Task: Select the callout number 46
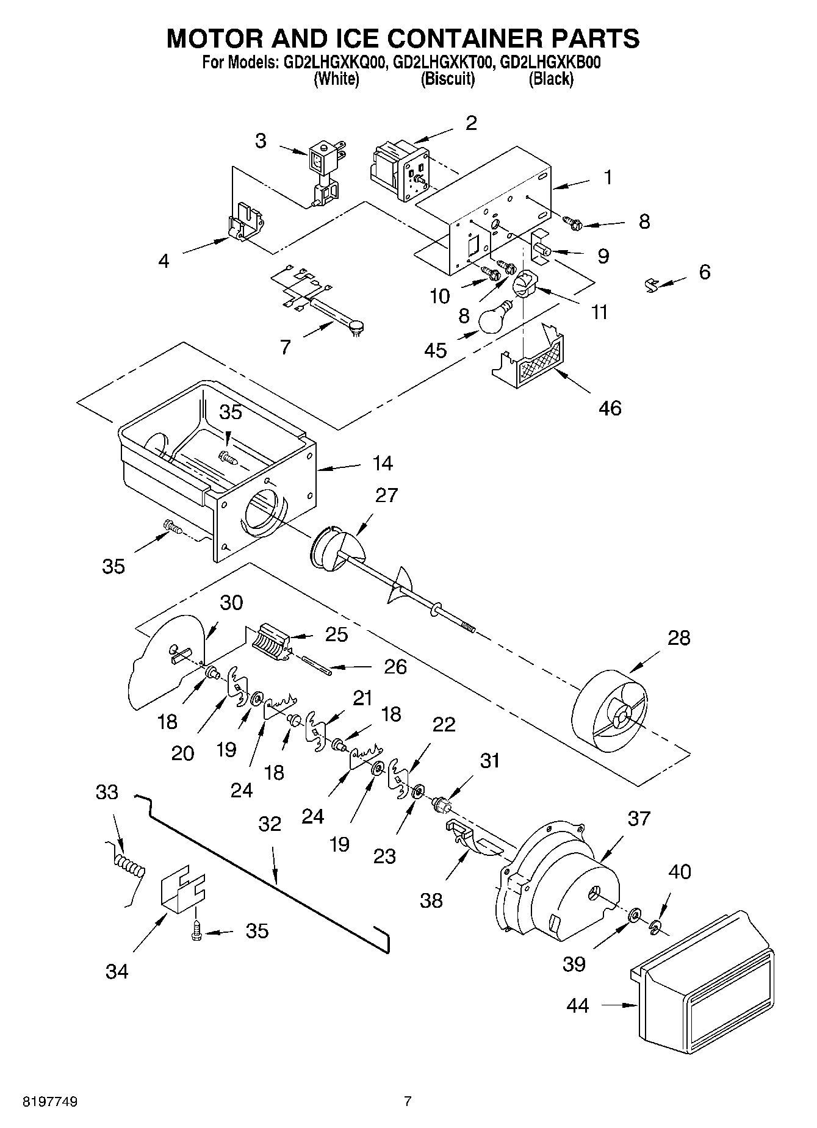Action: click(x=610, y=408)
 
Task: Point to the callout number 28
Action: click(x=678, y=638)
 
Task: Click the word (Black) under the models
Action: click(x=550, y=79)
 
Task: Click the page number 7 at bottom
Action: click(x=408, y=1102)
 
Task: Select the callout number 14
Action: click(x=383, y=464)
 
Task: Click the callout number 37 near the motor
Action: click(x=639, y=818)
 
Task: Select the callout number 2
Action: click(x=471, y=123)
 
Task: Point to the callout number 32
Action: click(x=270, y=824)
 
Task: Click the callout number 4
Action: click(x=164, y=261)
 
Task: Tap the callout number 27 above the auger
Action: click(x=387, y=495)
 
